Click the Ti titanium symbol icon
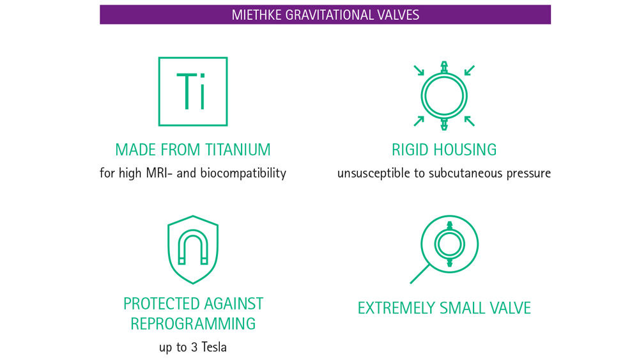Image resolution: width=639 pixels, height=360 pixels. point(192,91)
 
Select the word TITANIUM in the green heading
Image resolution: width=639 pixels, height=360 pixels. point(237,150)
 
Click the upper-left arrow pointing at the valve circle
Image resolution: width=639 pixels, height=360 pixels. point(419,70)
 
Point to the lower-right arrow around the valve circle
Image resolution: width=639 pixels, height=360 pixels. point(469,120)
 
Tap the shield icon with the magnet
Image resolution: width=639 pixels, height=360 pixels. point(192,249)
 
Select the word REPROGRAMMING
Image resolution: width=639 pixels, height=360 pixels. point(193,324)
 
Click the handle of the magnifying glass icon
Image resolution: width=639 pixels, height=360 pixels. point(420,274)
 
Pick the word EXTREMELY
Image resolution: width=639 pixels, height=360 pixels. point(396,308)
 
